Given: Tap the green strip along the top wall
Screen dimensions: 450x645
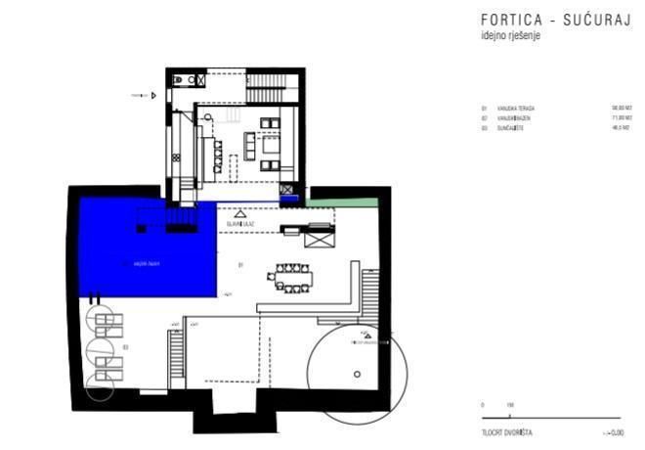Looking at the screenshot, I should (x=341, y=202).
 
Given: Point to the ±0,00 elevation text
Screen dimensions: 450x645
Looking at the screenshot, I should (x=614, y=431).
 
